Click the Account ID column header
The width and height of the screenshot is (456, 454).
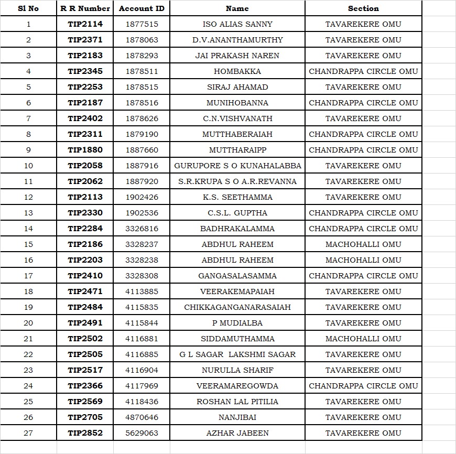(x=142, y=8)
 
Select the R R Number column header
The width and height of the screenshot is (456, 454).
(x=85, y=8)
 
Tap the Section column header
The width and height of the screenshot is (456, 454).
(x=363, y=8)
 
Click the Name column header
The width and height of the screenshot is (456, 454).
(x=237, y=8)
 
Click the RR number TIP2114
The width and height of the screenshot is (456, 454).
(x=85, y=24)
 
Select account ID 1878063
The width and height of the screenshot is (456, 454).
(x=142, y=40)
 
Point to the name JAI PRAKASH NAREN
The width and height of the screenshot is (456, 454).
(x=237, y=56)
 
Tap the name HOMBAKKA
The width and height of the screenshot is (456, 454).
(x=237, y=71)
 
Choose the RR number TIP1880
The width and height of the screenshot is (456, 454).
(x=85, y=150)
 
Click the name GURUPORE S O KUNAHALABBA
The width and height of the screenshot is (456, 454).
(x=237, y=166)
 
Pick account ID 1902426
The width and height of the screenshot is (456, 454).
(x=142, y=197)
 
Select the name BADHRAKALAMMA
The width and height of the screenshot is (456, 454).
(x=237, y=229)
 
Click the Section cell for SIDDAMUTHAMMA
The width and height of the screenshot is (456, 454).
(x=363, y=339)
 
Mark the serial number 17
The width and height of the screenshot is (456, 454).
(x=28, y=276)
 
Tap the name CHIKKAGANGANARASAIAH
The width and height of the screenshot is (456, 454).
(x=237, y=307)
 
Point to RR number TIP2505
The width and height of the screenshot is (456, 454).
(x=85, y=354)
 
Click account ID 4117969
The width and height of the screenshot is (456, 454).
(x=142, y=386)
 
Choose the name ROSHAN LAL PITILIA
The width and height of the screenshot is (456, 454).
(x=237, y=402)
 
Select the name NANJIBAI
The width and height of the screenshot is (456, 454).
(x=237, y=417)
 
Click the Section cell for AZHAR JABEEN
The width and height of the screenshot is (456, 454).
(x=363, y=433)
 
